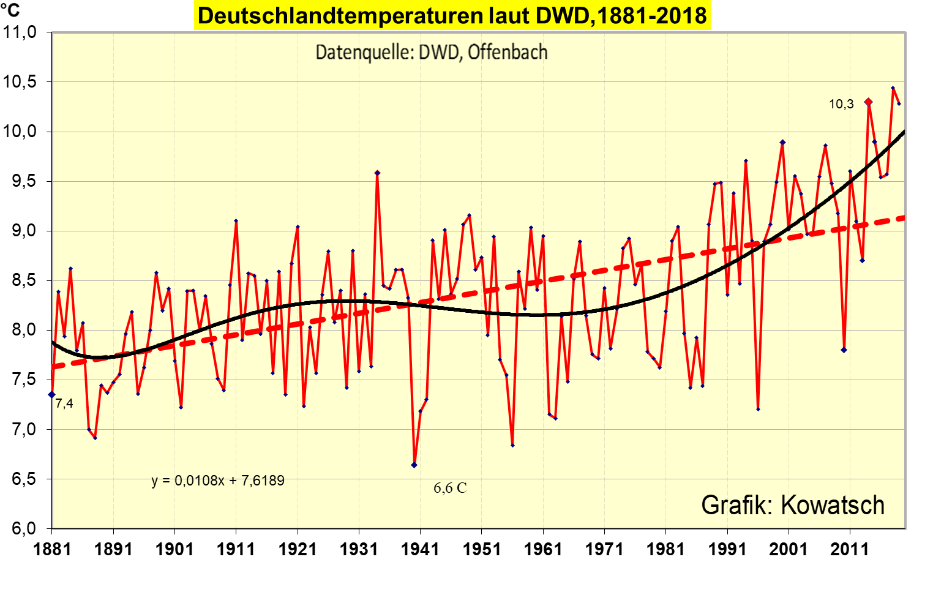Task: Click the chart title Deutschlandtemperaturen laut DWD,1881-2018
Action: [452, 15]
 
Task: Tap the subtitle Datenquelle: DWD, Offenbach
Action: [431, 53]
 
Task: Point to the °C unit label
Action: [10, 10]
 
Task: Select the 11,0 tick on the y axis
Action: [20, 32]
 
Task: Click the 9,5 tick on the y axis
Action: [20, 182]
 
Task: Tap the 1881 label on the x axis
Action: [52, 549]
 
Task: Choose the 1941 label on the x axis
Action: [420, 549]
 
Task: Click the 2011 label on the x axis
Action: [850, 549]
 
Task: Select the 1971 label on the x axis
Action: [604, 549]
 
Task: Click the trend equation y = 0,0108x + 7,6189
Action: [218, 481]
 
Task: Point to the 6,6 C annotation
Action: [450, 488]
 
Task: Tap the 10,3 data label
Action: [841, 105]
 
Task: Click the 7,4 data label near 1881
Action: [64, 403]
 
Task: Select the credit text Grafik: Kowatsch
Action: [793, 506]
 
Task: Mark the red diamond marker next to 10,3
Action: [868, 102]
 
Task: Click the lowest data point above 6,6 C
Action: [414, 465]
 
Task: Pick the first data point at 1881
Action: [52, 394]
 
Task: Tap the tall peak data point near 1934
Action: [377, 173]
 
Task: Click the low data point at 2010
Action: [844, 350]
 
